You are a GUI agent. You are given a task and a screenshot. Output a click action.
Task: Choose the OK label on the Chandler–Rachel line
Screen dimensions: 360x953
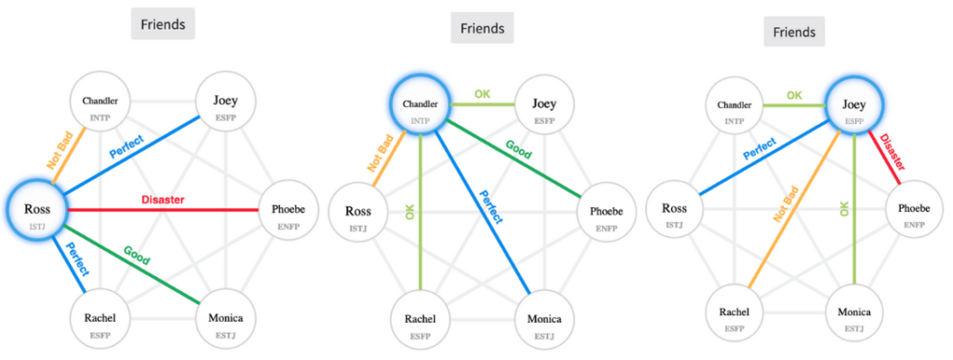(409, 210)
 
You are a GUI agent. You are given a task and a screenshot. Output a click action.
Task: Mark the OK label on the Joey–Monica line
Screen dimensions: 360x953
(845, 208)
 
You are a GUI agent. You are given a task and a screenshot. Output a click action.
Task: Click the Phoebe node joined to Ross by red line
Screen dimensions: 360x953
(289, 210)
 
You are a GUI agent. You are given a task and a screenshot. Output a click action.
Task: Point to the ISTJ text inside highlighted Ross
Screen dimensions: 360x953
(36, 223)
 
